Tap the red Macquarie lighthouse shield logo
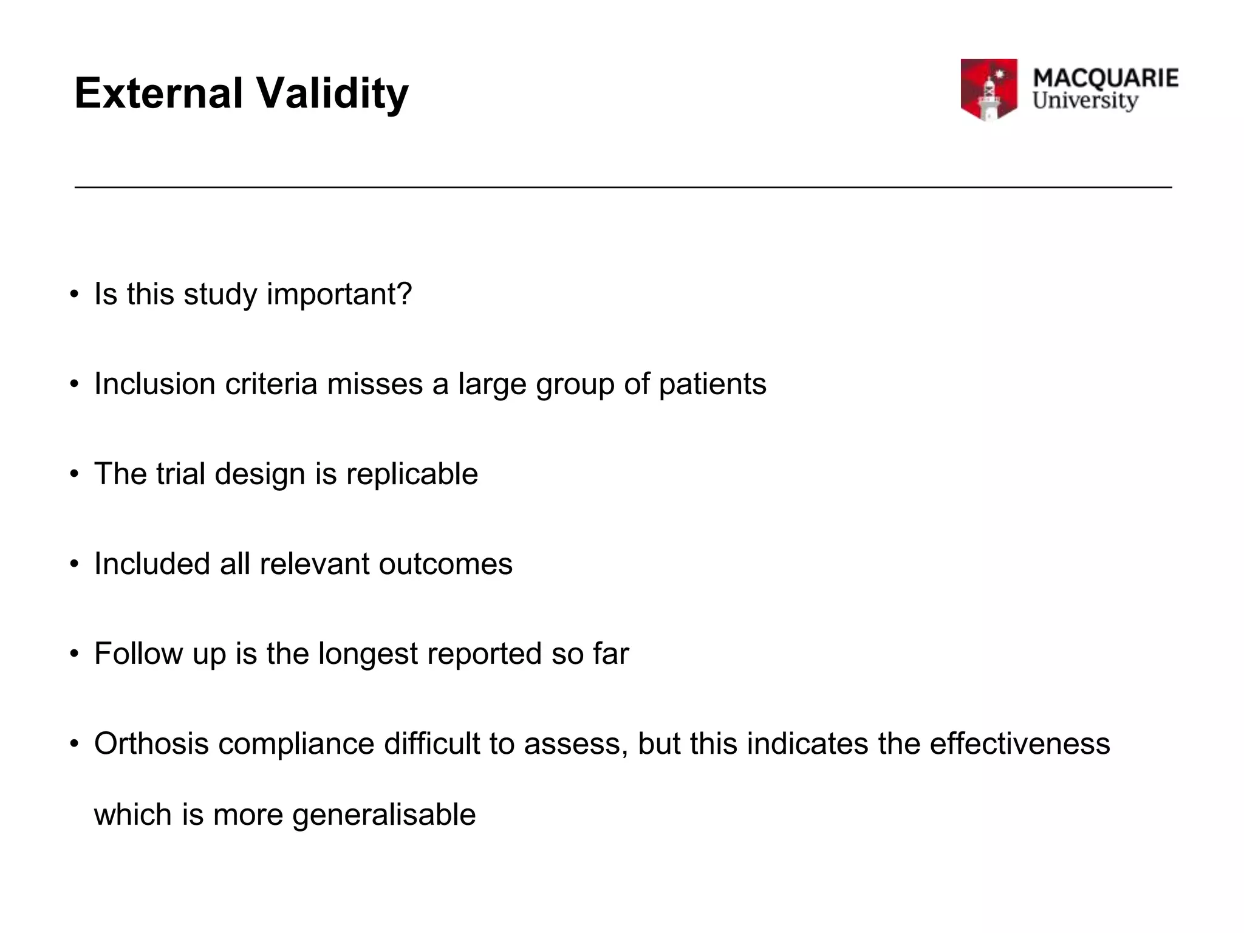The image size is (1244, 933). tap(988, 89)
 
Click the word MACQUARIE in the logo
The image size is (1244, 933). tap(1105, 78)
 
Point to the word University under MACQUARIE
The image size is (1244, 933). tap(1085, 101)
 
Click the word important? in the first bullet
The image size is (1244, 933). tap(339, 295)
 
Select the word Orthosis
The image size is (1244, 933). tap(151, 743)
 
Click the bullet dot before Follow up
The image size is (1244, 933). tap(74, 654)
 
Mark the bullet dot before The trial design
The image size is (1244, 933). tap(74, 474)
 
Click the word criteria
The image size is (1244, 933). tap(271, 384)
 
